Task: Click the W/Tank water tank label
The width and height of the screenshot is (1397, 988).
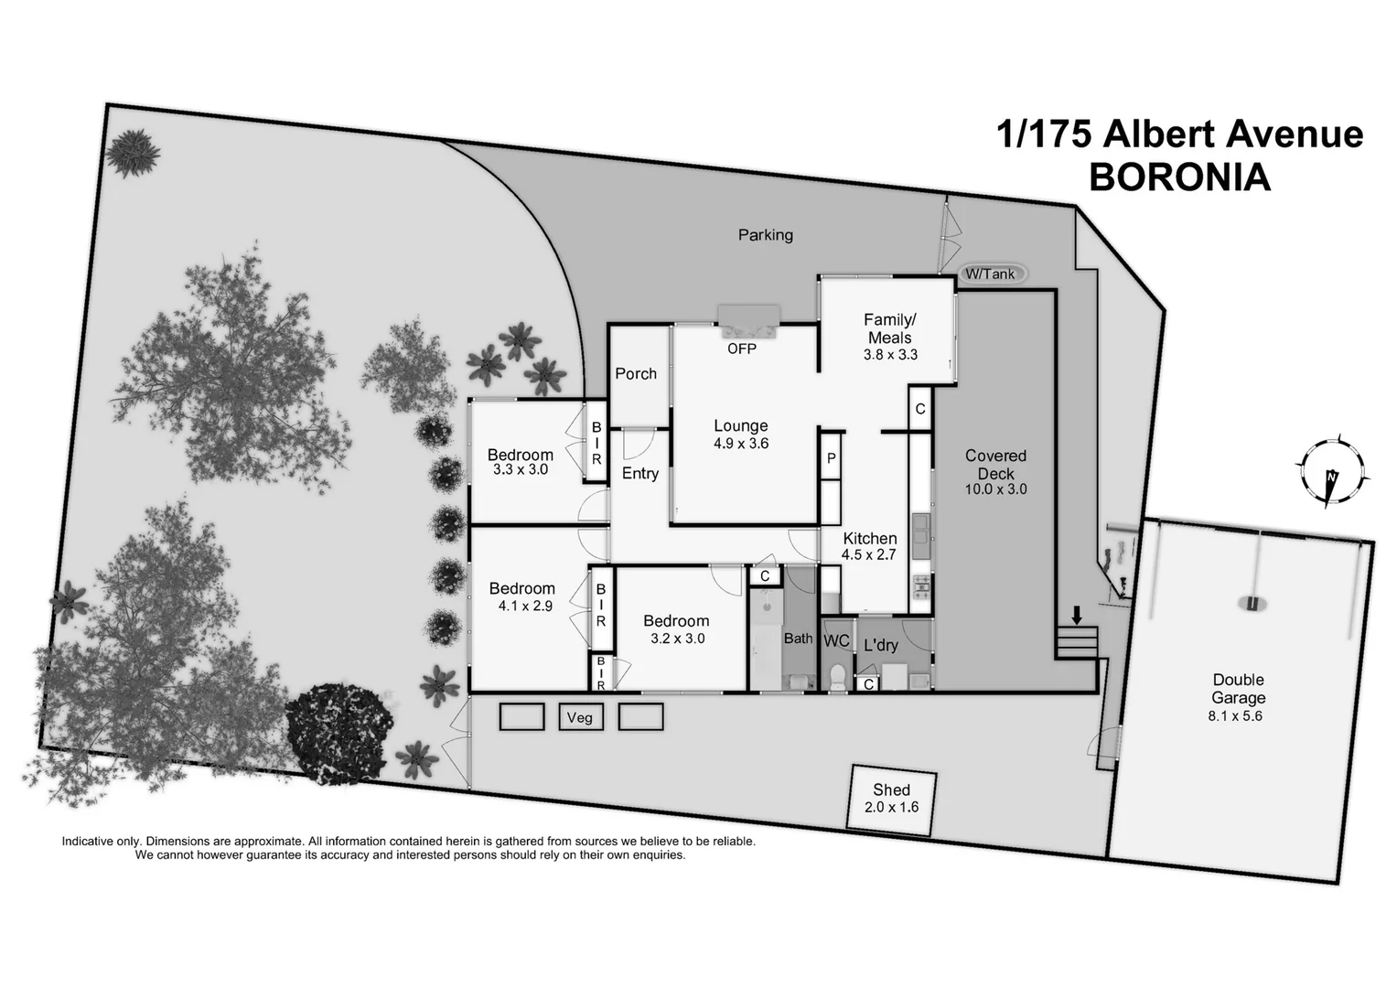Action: [990, 274]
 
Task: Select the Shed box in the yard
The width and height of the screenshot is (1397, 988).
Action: [891, 798]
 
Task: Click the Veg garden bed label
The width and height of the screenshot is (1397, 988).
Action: [580, 717]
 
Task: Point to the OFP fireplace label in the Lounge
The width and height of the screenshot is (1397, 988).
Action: [741, 349]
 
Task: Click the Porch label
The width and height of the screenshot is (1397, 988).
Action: [636, 373]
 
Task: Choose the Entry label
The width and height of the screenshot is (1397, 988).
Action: [640, 473]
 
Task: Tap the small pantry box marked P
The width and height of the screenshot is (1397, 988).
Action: [831, 458]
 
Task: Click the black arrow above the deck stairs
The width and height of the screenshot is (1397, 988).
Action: [1077, 614]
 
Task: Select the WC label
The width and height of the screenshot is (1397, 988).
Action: [836, 641]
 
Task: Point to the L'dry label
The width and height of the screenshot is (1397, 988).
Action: [881, 646]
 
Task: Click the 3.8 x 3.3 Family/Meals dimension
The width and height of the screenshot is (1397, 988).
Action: [890, 355]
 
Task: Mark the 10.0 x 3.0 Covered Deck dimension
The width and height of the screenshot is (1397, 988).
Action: [995, 489]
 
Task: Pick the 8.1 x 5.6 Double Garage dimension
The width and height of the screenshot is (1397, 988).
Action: [1235, 716]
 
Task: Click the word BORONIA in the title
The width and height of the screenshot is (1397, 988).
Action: [1179, 177]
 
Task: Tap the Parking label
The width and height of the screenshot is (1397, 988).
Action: [766, 235]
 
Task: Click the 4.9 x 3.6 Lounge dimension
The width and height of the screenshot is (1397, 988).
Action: [741, 444]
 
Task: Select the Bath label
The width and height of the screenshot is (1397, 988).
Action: [798, 639]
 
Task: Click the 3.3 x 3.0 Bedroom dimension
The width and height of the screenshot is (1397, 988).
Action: [520, 469]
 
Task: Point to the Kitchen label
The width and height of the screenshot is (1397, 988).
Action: [869, 538]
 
